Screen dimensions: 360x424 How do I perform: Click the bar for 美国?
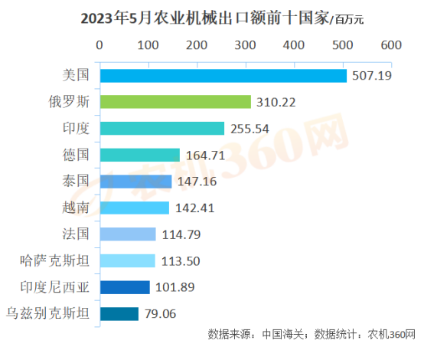click(x=223, y=75)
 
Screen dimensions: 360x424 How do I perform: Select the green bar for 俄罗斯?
click(x=175, y=102)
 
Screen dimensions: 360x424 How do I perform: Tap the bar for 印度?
click(x=161, y=128)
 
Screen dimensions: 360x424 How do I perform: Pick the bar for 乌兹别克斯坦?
click(x=119, y=313)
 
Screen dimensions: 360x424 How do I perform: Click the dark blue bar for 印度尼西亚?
click(x=124, y=287)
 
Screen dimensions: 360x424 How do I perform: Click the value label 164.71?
click(x=204, y=155)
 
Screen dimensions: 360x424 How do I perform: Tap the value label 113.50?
click(x=180, y=261)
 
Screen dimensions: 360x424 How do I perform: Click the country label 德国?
click(x=76, y=155)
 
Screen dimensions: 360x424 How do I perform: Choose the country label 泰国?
click(x=76, y=181)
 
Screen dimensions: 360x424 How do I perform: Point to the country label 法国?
click(x=76, y=234)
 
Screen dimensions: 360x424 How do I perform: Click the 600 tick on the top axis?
click(x=391, y=45)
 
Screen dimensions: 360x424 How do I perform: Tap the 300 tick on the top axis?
click(x=245, y=45)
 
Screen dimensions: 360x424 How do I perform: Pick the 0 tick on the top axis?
click(x=99, y=45)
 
